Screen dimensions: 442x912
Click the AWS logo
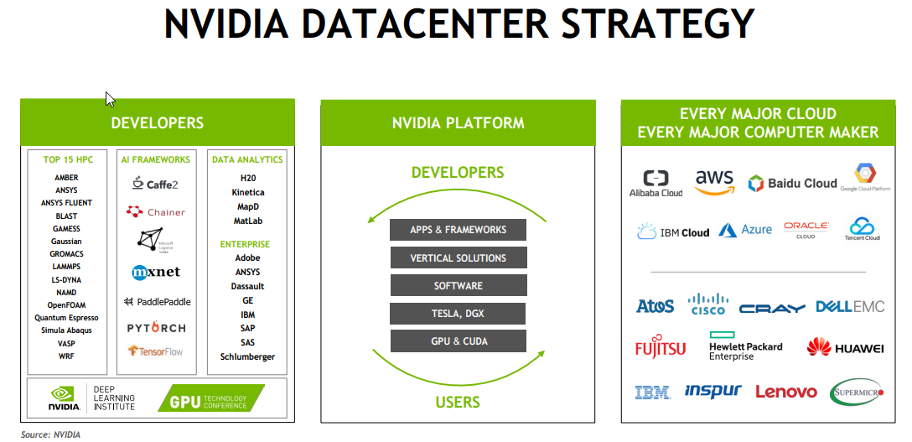click(713, 182)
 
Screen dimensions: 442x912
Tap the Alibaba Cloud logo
click(655, 184)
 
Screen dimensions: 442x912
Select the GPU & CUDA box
click(459, 341)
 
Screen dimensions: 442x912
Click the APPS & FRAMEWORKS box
click(459, 230)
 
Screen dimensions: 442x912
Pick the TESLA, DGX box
click(459, 314)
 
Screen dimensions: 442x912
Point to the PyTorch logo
click(157, 328)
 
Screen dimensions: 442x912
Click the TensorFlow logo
click(156, 351)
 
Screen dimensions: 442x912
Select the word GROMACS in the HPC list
click(66, 254)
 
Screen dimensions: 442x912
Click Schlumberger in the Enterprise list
click(247, 356)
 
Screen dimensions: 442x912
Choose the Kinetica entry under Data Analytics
click(247, 192)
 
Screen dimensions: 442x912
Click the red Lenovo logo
click(785, 392)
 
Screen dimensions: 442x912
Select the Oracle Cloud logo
click(806, 230)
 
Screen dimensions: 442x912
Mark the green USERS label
click(458, 402)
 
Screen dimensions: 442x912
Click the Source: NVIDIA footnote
click(50, 434)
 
